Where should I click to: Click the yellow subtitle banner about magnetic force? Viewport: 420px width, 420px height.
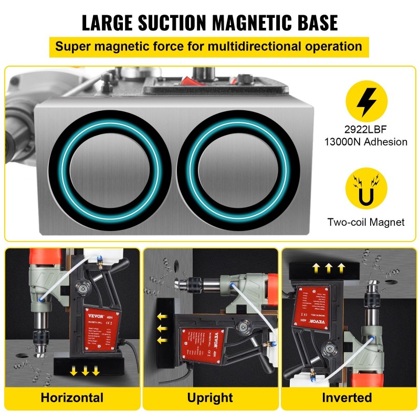pyautogui.click(x=209, y=46)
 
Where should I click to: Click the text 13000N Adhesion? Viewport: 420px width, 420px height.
pyautogui.click(x=366, y=142)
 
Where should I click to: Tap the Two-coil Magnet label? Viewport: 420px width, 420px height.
pyautogui.click(x=366, y=222)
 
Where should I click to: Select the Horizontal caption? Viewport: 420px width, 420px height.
pyautogui.click(x=72, y=397)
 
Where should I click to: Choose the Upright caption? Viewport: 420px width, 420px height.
pyautogui.click(x=210, y=397)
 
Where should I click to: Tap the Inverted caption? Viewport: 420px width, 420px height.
pyautogui.click(x=347, y=397)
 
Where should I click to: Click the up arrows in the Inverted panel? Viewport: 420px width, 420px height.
pyautogui.click(x=328, y=267)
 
